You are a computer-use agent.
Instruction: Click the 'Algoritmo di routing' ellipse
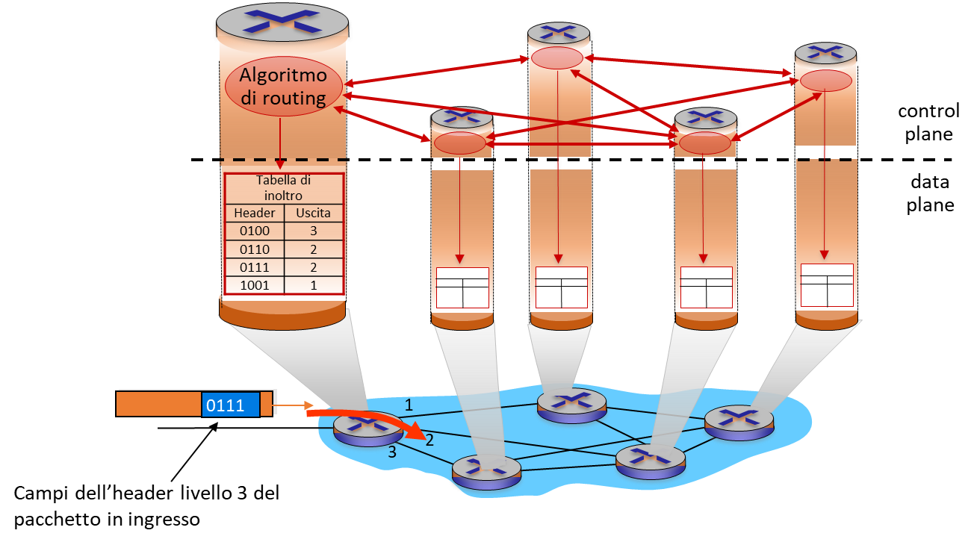(284, 87)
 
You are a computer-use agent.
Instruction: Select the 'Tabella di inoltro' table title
(283, 187)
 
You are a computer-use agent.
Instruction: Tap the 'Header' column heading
(255, 213)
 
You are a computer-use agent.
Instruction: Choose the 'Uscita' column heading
(313, 213)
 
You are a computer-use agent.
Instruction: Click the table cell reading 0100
(255, 231)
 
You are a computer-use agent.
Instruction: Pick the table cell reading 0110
(255, 249)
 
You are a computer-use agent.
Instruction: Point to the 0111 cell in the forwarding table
(255, 267)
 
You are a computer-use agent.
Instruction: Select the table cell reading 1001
(255, 285)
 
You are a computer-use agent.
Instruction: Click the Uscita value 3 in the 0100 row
(313, 231)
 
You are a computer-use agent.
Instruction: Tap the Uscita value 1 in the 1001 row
(313, 285)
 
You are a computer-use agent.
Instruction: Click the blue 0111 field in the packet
(230, 405)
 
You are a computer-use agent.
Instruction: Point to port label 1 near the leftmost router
(409, 405)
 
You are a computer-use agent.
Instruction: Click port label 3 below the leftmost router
(391, 452)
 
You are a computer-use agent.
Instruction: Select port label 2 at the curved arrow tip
(429, 440)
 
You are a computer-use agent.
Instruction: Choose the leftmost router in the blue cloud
(367, 429)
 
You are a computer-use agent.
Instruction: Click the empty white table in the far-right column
(826, 284)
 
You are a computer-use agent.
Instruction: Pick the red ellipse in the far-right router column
(825, 81)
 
